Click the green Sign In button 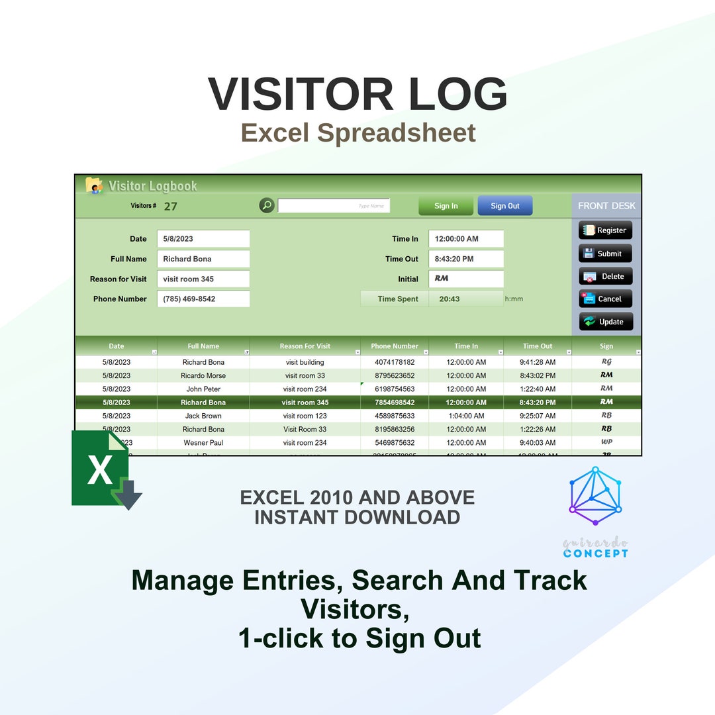[446, 206]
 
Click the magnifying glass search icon [267, 205]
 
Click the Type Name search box [334, 206]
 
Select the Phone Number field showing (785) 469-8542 [203, 299]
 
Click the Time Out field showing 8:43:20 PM [466, 259]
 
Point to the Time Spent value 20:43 [450, 299]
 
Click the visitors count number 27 [171, 206]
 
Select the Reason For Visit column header [305, 346]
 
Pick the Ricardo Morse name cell [203, 375]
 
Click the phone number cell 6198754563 [395, 389]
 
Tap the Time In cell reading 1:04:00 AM [466, 416]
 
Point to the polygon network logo [595, 495]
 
